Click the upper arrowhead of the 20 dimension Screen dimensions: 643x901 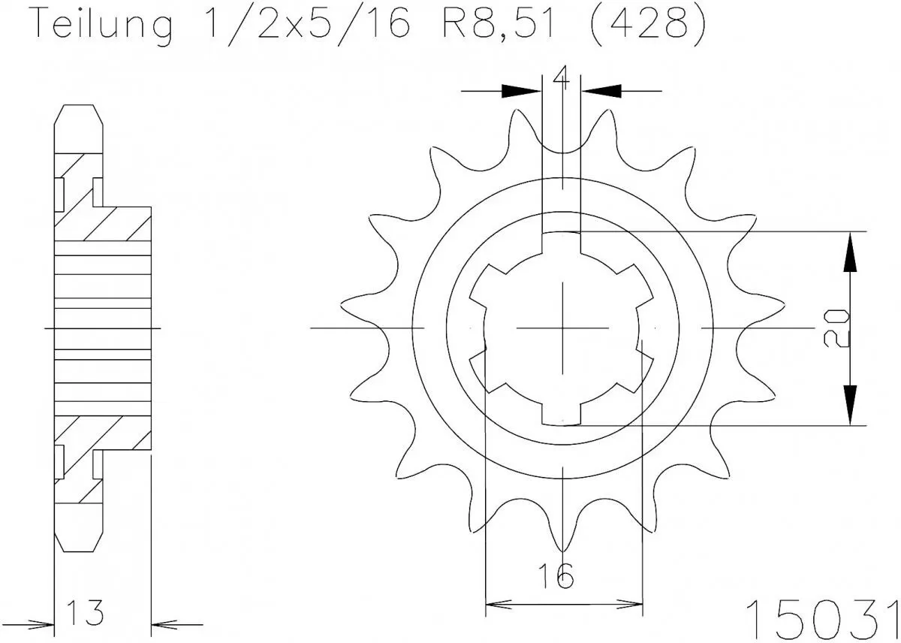pos(849,252)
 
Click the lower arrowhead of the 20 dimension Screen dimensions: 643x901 pos(849,405)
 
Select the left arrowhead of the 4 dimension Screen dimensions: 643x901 pos(521,91)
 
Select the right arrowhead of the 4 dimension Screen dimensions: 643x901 pos(602,91)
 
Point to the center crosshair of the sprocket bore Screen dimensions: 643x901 pos(562,328)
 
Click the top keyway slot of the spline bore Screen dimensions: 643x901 pos(562,243)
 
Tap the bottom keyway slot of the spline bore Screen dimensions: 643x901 pos(562,414)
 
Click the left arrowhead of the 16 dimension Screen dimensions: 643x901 pos(499,603)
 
